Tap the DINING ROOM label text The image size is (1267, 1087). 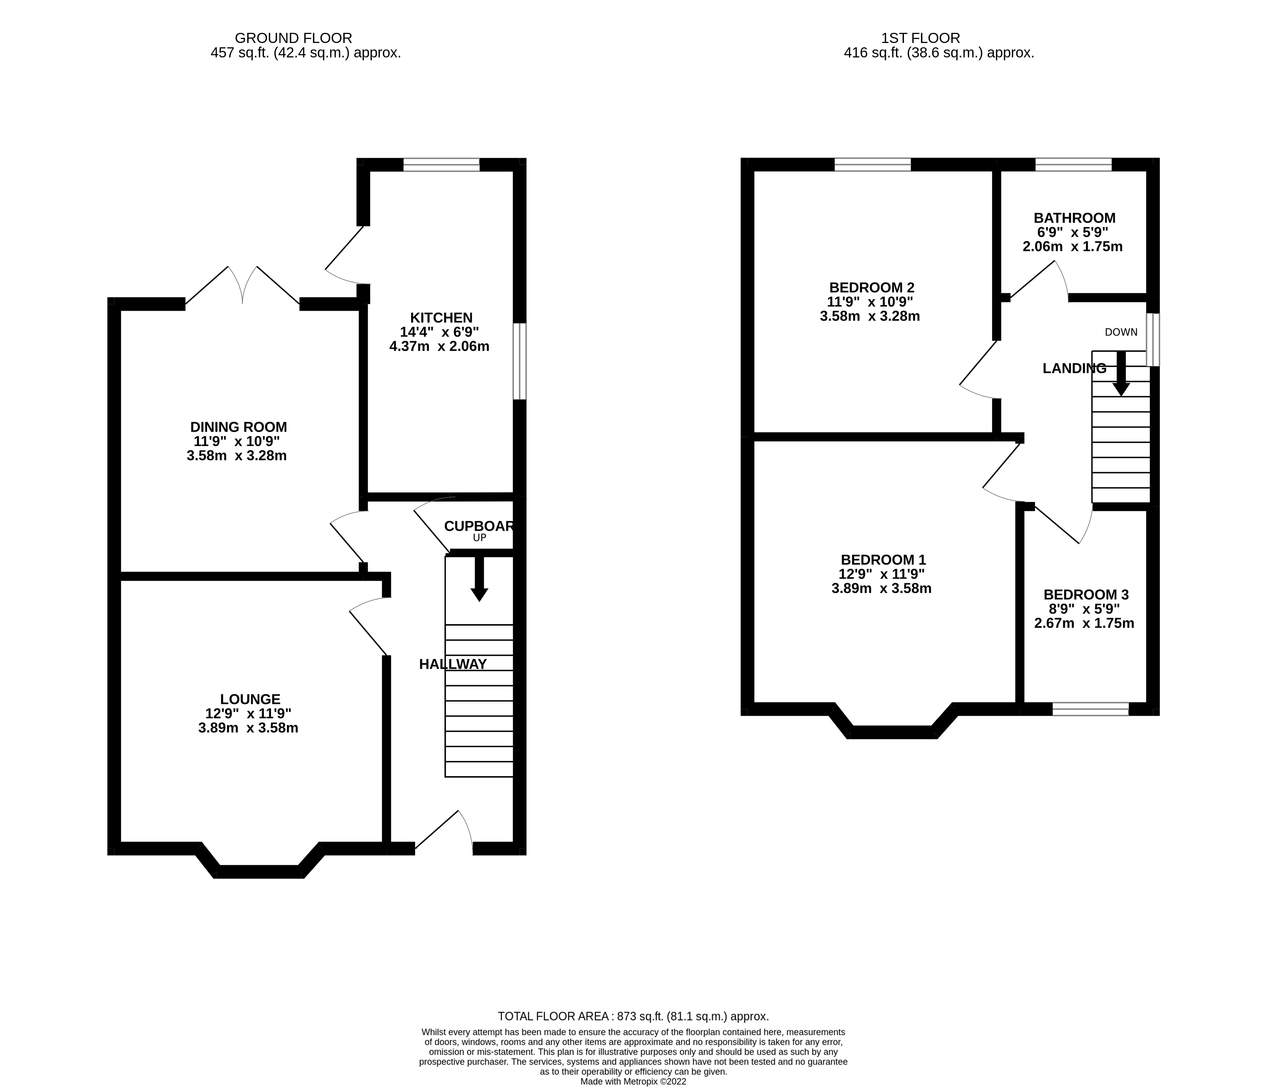click(x=238, y=427)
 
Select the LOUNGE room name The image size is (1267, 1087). click(x=250, y=699)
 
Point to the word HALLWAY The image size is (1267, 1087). click(x=452, y=664)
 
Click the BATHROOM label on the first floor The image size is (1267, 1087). click(x=1074, y=218)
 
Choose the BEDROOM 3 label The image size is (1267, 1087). click(x=1086, y=594)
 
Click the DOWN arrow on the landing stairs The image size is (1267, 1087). click(x=1121, y=373)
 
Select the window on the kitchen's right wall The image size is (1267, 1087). click(x=519, y=361)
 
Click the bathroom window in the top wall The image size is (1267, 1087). click(x=1073, y=164)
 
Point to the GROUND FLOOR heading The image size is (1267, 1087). click(x=293, y=38)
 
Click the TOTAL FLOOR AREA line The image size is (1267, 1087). click(x=633, y=1016)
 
